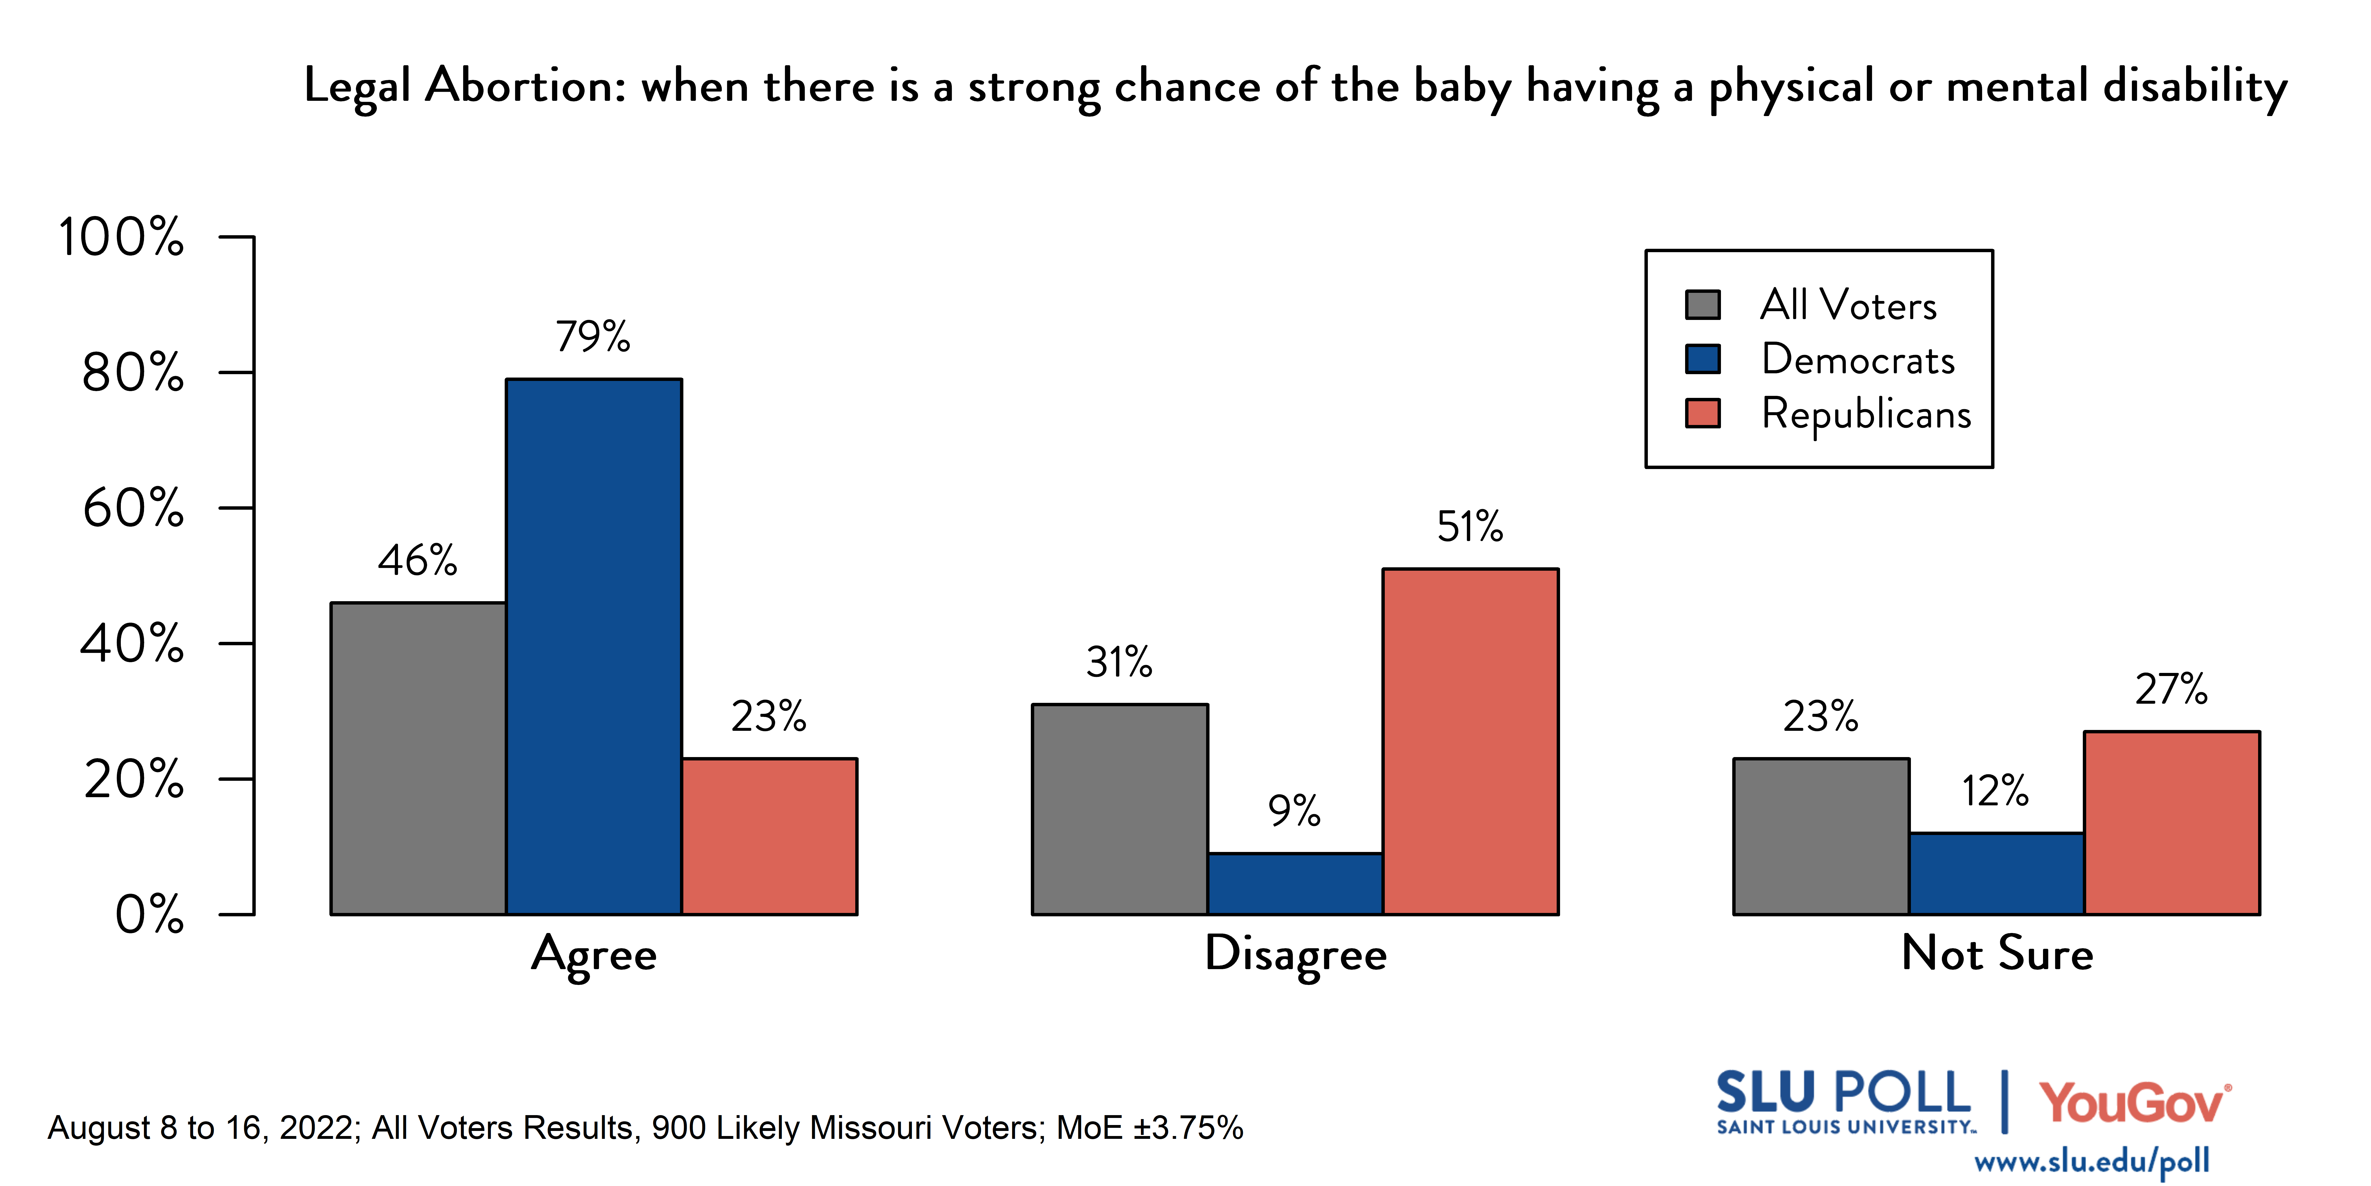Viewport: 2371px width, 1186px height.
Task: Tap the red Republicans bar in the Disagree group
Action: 1470,741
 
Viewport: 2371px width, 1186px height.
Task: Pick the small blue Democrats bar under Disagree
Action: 1295,884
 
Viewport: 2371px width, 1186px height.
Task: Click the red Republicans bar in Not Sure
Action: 2171,822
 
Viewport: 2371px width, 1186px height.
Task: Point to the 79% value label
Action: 593,337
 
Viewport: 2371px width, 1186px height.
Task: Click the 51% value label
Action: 1470,527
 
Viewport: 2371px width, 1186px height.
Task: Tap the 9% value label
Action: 1294,811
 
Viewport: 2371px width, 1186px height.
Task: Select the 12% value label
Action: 1994,791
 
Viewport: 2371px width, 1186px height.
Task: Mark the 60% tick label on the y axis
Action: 134,508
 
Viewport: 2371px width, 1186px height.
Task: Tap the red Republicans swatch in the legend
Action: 1702,413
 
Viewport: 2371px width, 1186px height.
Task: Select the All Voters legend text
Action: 1848,305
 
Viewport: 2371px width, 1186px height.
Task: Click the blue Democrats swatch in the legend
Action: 1702,359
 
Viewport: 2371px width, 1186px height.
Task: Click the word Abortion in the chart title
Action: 526,87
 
